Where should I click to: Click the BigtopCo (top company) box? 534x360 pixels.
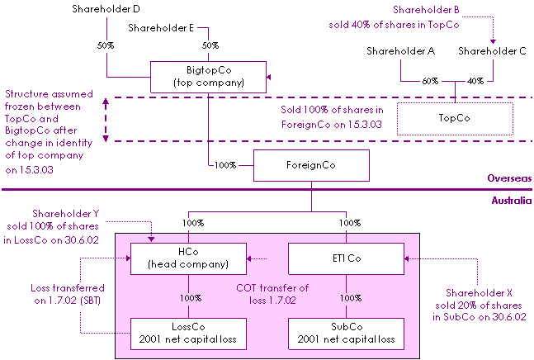pos(208,77)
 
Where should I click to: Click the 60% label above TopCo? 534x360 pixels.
pos(431,81)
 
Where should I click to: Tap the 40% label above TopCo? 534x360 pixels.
pos(475,81)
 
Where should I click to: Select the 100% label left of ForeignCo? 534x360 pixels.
pos(225,165)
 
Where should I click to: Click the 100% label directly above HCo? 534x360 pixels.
pos(191,224)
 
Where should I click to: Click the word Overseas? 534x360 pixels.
pos(509,178)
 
